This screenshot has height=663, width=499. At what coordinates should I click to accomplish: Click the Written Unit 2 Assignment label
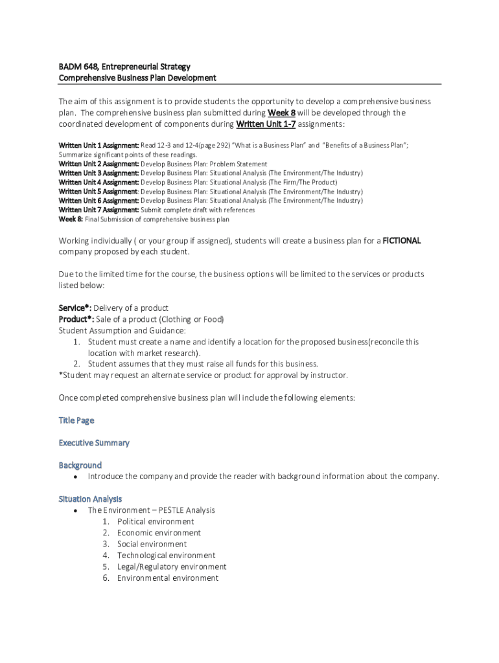point(99,164)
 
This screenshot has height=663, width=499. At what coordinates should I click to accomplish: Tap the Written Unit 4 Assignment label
point(99,183)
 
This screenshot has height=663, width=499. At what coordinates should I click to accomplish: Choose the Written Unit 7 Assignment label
point(99,210)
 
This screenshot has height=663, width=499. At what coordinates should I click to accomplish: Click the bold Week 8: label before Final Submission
point(71,219)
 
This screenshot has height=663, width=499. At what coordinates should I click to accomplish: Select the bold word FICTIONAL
point(402,241)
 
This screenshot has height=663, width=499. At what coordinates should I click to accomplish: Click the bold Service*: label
point(75,308)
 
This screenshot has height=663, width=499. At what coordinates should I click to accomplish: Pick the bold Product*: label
point(76,319)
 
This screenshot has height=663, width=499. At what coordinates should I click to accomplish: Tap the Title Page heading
point(76,420)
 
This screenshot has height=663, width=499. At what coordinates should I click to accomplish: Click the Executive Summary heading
point(94,443)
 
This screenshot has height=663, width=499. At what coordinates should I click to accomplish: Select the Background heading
point(80,465)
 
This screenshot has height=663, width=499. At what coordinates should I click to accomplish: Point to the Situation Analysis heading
point(90,499)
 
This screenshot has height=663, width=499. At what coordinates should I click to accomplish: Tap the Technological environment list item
point(166,556)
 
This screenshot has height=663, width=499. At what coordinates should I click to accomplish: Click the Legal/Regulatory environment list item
point(172,567)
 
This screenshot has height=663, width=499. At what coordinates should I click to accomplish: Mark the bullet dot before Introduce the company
point(76,477)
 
